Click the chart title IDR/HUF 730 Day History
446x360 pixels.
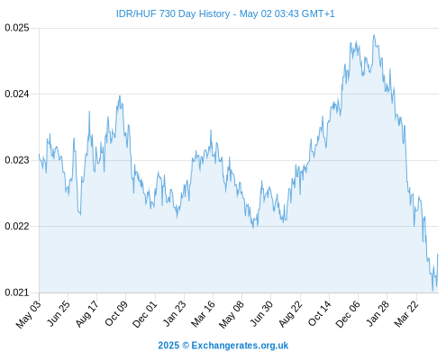pyautogui.click(x=173, y=13)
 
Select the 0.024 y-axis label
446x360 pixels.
pyautogui.click(x=17, y=94)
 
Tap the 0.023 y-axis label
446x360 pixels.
pyautogui.click(x=17, y=160)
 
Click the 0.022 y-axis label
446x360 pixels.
pyautogui.click(x=17, y=226)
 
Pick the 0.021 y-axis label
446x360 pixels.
pyautogui.click(x=17, y=292)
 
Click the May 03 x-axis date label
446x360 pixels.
pyautogui.click(x=28, y=314)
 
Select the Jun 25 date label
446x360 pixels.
pyautogui.click(x=59, y=313)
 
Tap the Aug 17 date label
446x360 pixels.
pyautogui.click(x=86, y=314)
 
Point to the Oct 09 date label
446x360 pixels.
pyautogui.click(x=116, y=313)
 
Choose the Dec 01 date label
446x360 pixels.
pyautogui.click(x=144, y=314)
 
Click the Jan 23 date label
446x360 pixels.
pyautogui.click(x=174, y=313)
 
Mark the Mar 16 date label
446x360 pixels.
pyautogui.click(x=203, y=314)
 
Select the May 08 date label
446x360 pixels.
pyautogui.click(x=232, y=314)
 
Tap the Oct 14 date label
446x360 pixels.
pyautogui.click(x=319, y=313)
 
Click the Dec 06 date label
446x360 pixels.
pyautogui.click(x=348, y=314)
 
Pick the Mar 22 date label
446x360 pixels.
pyautogui.click(x=406, y=314)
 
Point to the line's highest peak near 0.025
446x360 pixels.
pyautogui.click(x=374, y=35)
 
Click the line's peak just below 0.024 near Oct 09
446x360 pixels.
pyautogui.click(x=120, y=96)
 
